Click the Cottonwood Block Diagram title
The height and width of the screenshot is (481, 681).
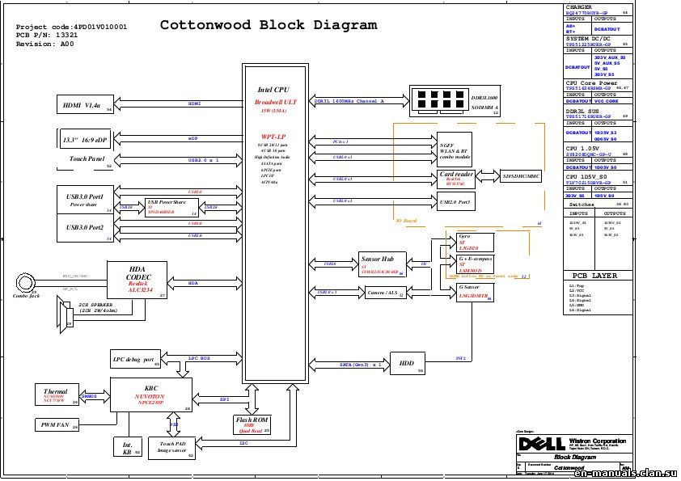[x=268, y=24]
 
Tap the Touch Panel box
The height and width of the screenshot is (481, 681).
[x=84, y=160]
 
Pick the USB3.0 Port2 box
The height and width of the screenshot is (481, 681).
[x=87, y=230]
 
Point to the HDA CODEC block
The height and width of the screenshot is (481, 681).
[x=137, y=281]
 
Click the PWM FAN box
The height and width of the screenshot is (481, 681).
[x=57, y=424]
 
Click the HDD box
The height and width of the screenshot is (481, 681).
[x=408, y=364]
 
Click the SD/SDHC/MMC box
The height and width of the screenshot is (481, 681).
[x=522, y=175]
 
